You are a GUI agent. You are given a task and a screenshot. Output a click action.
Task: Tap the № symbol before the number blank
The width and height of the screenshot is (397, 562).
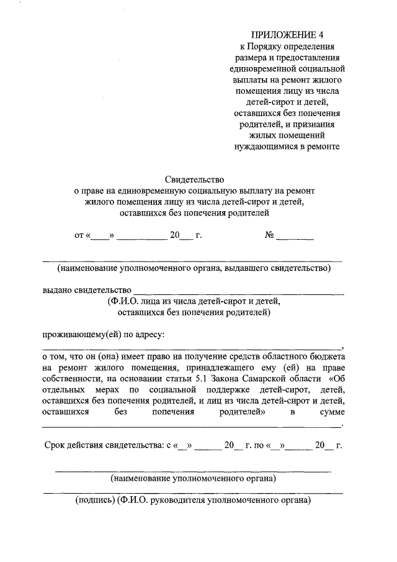tap(269, 235)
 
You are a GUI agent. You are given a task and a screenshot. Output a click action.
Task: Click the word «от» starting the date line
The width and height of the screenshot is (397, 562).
tap(79, 236)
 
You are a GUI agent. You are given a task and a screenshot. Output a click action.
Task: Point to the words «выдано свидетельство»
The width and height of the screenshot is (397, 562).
tap(86, 290)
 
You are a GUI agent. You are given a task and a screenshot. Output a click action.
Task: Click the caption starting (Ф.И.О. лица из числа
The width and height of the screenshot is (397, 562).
tap(194, 301)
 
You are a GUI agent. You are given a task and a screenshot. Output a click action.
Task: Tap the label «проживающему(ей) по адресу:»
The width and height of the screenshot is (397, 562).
tap(103, 335)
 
